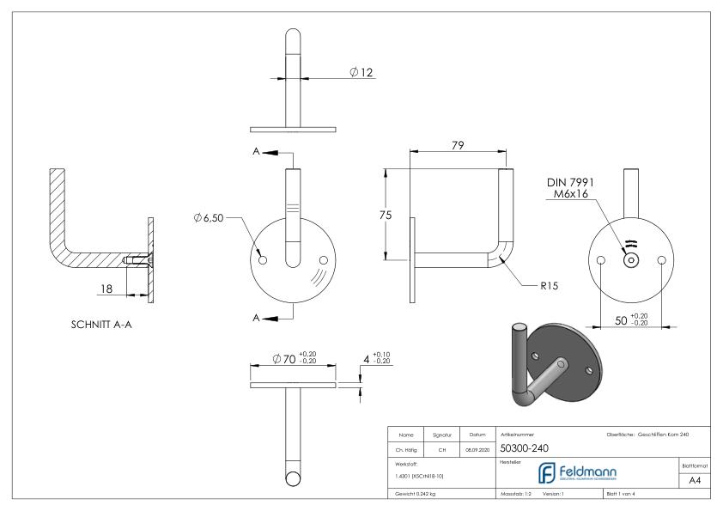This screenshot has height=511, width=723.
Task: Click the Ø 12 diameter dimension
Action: tap(362, 72)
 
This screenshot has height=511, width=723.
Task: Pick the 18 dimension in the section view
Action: tap(107, 290)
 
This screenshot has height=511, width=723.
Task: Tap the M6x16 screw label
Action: tap(571, 196)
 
